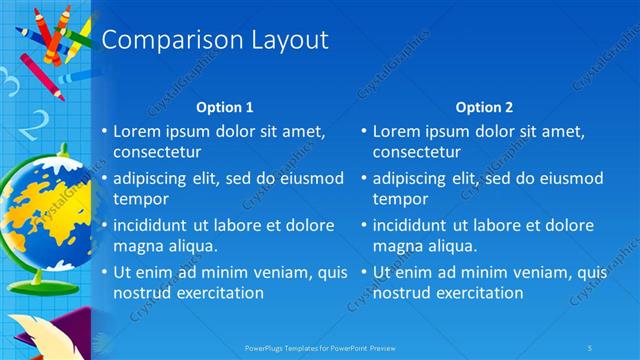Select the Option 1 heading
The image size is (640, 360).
click(224, 107)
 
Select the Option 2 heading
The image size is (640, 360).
click(484, 107)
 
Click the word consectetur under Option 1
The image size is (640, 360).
click(157, 153)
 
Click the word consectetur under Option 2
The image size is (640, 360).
click(417, 153)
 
